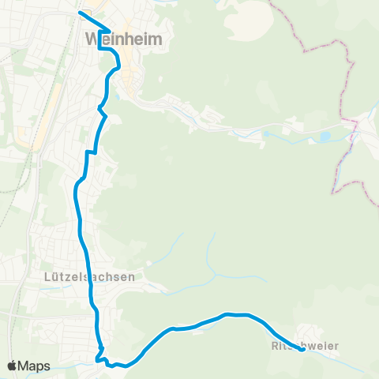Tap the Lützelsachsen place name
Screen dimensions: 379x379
point(90,277)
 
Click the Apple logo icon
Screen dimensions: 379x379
point(13,366)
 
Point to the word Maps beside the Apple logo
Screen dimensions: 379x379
point(35,366)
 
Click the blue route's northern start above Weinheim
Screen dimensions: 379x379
point(80,13)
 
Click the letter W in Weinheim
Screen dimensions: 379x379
point(91,38)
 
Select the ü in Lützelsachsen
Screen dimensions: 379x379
point(58,277)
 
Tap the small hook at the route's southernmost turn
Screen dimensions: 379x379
point(100,357)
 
